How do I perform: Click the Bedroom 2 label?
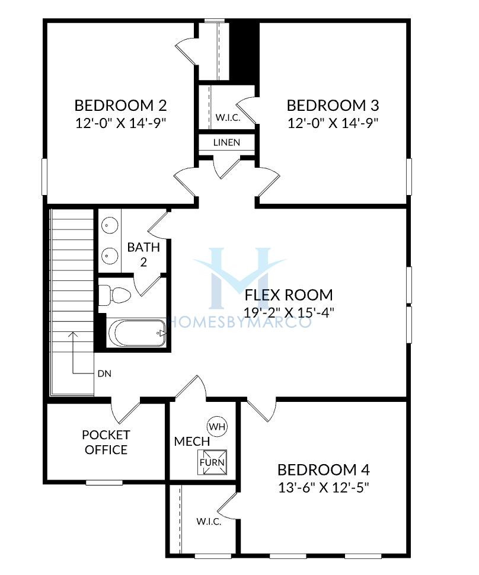tap(120, 106)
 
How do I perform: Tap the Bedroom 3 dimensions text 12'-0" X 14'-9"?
tap(333, 123)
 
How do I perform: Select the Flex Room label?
tap(289, 295)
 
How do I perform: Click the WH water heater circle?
tap(218, 426)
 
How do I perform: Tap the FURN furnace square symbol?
tap(212, 462)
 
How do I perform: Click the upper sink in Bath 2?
tap(109, 225)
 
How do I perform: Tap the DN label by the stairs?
tap(104, 373)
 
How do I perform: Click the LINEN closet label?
tap(226, 142)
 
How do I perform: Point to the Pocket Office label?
tap(106, 442)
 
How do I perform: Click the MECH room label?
tap(192, 442)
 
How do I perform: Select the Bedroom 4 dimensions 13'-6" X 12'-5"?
tap(324, 488)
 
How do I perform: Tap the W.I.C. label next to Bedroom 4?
tap(209, 522)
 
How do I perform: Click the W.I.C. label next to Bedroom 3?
tap(228, 118)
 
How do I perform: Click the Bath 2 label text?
tap(143, 254)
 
